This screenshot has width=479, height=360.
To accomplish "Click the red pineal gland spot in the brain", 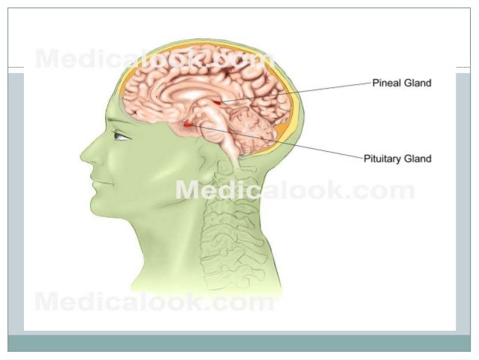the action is pyautogui.click(x=218, y=101).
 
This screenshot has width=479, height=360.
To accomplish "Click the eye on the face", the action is pyautogui.click(x=120, y=136).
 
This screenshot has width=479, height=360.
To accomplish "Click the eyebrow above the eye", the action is pyautogui.click(x=120, y=127).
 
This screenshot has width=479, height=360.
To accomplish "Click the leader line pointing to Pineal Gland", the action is pyautogui.click(x=300, y=91).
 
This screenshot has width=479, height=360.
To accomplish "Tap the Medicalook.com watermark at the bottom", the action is pyautogui.click(x=155, y=303).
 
